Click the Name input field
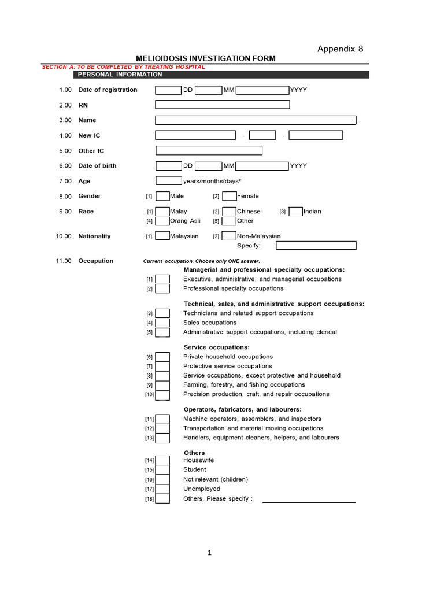256,120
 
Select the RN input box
223,105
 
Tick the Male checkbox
162,196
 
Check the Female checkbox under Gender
230,196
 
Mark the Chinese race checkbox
230,212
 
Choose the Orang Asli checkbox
162,221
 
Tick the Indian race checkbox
295,212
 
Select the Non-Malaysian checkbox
230,236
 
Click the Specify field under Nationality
316,245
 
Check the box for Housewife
162,460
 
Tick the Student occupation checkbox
162,470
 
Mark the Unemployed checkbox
162,489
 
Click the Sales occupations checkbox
162,323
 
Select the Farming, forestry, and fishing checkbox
162,385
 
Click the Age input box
169,181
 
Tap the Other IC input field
209,151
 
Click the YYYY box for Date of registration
262,90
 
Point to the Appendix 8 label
341,49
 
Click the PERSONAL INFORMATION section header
120,75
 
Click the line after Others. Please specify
309,499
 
